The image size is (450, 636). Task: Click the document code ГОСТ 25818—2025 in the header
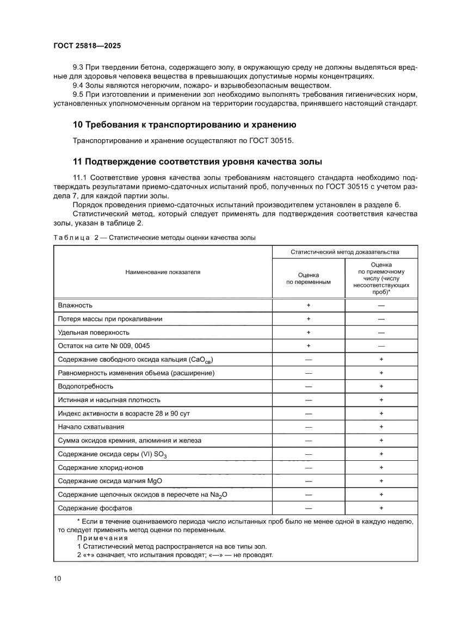click(87, 47)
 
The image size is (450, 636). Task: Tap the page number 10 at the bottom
click(58, 578)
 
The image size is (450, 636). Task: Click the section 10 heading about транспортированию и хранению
click(184, 125)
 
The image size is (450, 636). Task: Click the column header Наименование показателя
click(163, 271)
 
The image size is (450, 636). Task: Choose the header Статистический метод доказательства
click(344, 252)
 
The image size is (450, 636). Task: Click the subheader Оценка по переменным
click(309, 279)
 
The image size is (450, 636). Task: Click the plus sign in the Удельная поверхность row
click(309, 332)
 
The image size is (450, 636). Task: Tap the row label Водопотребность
click(85, 386)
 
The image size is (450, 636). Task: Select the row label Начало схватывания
click(91, 427)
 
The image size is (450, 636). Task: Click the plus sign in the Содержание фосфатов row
click(381, 508)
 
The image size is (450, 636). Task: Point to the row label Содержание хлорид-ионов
click(100, 467)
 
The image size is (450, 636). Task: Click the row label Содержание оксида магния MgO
click(110, 481)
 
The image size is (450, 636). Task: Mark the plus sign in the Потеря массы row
click(309, 319)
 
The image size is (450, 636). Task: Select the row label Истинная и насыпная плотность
click(109, 400)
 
